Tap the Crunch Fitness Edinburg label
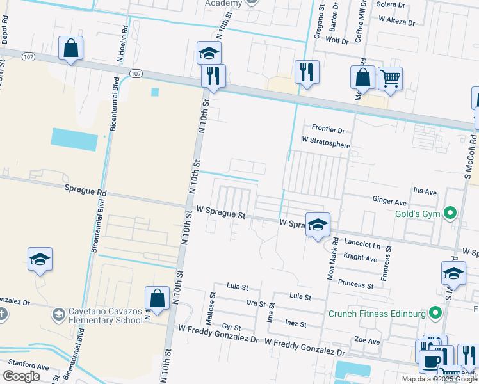(377, 314)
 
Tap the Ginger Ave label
(389, 200)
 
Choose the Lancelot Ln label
(362, 245)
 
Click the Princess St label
(355, 284)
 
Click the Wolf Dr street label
(336, 41)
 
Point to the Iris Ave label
(425, 191)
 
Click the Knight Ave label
(360, 258)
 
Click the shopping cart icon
(390, 78)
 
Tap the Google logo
(21, 376)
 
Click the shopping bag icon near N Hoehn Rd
(70, 48)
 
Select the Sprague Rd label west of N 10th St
(85, 190)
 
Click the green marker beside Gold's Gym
(450, 212)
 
